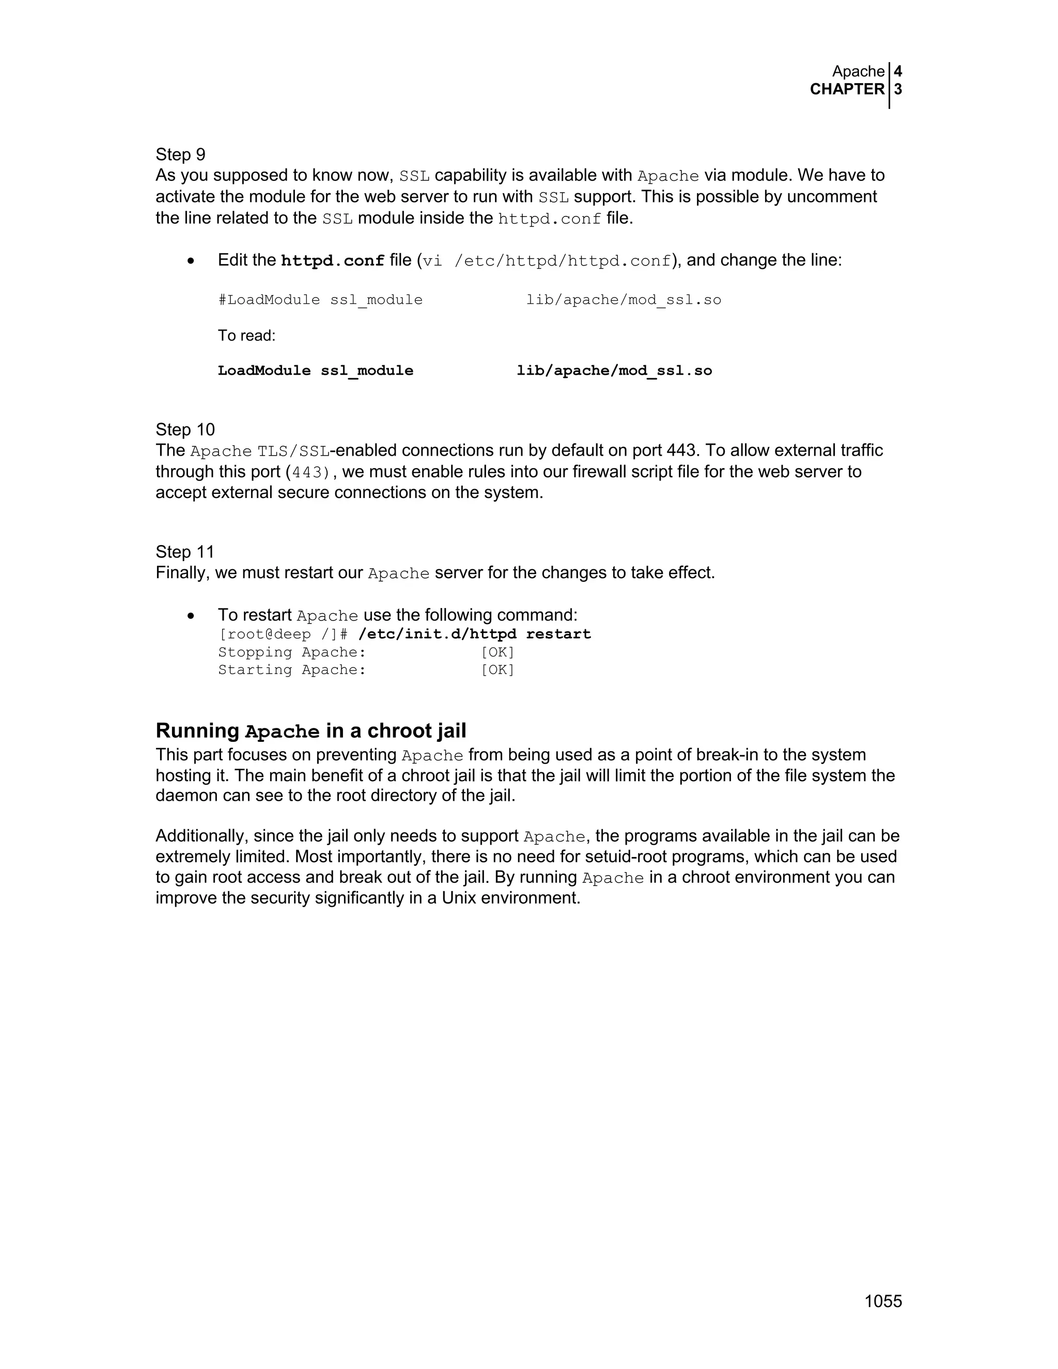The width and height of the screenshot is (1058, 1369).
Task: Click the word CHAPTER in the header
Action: click(847, 90)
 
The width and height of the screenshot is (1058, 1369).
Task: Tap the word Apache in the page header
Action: click(858, 71)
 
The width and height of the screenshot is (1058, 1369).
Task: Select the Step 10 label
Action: click(185, 429)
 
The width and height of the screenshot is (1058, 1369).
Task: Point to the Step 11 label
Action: click(185, 552)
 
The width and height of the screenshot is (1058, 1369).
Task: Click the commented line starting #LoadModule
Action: click(320, 300)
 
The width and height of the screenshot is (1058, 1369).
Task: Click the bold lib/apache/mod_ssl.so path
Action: click(614, 371)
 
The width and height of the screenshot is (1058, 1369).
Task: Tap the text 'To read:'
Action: click(246, 336)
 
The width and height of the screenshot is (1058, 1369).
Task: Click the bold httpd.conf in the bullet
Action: click(332, 261)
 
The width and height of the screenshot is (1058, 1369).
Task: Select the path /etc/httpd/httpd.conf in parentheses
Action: click(562, 261)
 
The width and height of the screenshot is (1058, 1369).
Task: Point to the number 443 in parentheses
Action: click(310, 472)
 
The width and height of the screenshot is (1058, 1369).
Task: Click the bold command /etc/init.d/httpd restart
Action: click(474, 634)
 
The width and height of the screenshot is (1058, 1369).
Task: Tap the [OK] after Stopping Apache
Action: click(497, 652)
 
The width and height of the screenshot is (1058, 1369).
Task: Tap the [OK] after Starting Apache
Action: click(497, 670)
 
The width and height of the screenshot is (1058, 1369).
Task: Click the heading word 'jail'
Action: click(449, 731)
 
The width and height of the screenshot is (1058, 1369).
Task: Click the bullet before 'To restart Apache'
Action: click(191, 616)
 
